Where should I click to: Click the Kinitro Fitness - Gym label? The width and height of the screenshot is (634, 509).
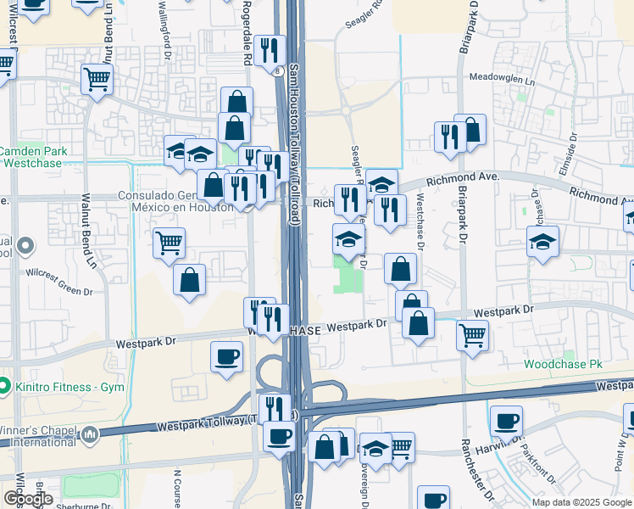(68, 387)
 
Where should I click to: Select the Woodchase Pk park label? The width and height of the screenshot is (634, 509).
(563, 364)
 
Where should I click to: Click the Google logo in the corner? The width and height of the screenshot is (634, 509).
(28, 499)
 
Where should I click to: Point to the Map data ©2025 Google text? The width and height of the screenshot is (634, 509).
(581, 502)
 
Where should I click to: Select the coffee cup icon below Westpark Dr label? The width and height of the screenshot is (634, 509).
(226, 356)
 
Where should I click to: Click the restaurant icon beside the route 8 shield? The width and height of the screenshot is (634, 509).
(270, 50)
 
